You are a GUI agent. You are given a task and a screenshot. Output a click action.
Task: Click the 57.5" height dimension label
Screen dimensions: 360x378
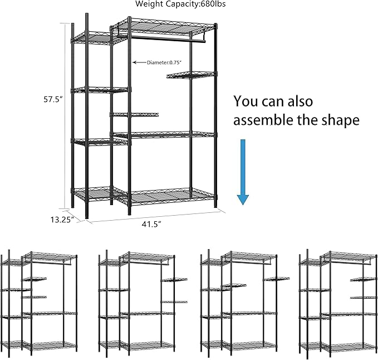tap(53, 100)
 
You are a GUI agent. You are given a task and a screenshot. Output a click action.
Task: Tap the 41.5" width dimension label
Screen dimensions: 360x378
tap(151, 224)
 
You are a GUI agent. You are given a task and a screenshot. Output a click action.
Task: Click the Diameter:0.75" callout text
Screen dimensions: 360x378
tap(161, 63)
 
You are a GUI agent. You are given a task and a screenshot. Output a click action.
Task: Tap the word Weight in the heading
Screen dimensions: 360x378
tap(147, 4)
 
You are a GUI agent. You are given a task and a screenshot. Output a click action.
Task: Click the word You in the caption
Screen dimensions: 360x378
tap(245, 101)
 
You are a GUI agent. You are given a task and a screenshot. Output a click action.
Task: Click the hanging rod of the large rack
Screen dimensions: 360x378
tap(167, 40)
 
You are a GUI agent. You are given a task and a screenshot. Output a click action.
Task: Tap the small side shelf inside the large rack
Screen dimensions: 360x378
tap(135, 115)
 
